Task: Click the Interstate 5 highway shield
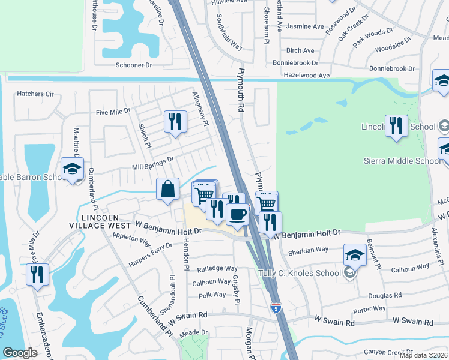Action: (276, 308)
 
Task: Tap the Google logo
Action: (20, 353)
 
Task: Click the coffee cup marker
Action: (237, 214)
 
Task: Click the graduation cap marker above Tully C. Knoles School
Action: (355, 255)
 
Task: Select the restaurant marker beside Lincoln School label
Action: (396, 126)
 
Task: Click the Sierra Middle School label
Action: (403, 161)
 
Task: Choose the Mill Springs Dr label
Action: (153, 160)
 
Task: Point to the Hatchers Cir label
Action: (35, 94)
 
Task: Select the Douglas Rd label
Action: (385, 295)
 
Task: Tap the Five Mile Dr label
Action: (113, 112)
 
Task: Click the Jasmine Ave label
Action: (305, 26)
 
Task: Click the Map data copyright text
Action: (424, 355)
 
